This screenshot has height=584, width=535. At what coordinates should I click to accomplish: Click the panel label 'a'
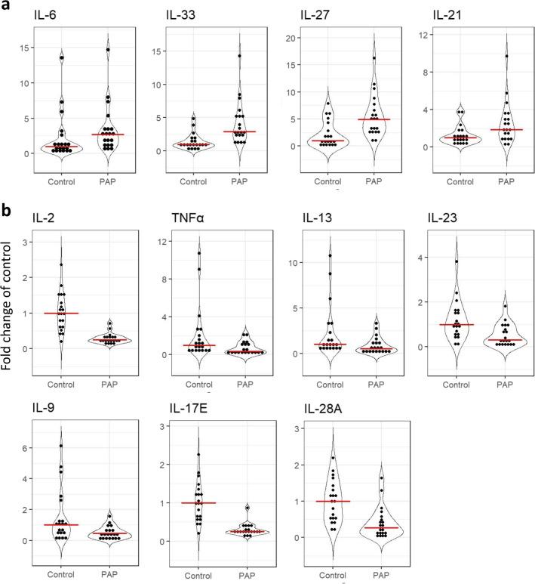(5, 6)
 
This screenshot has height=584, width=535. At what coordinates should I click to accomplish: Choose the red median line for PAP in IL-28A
(369, 527)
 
